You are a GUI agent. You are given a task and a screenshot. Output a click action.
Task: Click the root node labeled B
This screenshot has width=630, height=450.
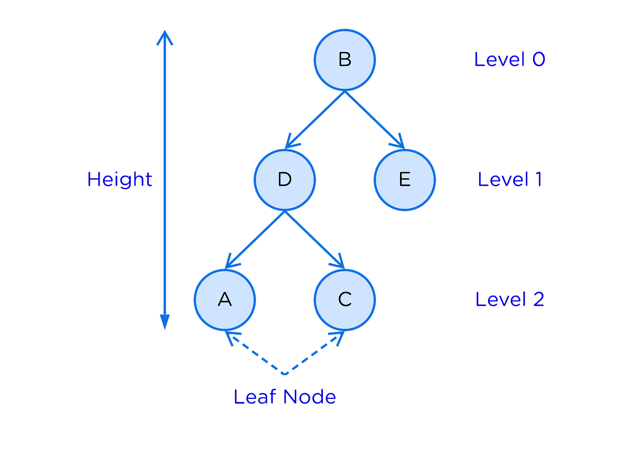coord(344,60)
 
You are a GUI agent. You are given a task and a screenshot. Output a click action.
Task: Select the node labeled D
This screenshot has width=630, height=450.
coord(285,180)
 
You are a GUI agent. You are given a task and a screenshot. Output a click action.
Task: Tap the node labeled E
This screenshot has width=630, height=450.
coord(405,180)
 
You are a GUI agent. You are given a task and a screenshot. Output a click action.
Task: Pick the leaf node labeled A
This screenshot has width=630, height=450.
coord(225,300)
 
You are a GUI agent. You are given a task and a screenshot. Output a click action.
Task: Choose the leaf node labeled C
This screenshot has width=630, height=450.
coord(344,300)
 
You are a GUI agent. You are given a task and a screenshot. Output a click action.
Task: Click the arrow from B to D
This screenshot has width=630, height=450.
coord(315,120)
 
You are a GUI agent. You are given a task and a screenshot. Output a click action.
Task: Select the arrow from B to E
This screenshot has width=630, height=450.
coord(375,120)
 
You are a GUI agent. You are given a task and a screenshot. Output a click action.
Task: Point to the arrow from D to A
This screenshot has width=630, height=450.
coord(255,240)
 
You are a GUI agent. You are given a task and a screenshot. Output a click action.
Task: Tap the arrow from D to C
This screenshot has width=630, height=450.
coord(315,240)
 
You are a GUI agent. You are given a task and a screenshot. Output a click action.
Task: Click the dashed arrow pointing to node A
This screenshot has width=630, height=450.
coord(255,353)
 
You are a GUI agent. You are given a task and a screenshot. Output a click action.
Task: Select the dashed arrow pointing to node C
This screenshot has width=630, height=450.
coord(315,353)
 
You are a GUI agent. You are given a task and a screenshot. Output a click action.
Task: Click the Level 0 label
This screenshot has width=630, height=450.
coord(510,59)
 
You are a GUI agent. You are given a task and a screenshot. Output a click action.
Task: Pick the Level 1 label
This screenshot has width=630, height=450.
coord(510,179)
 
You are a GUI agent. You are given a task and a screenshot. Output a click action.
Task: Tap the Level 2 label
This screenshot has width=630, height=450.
coord(510,299)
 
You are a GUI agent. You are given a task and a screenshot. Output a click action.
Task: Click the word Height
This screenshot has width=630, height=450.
coord(120,180)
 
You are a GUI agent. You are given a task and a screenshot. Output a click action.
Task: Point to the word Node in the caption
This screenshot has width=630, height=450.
coord(310,397)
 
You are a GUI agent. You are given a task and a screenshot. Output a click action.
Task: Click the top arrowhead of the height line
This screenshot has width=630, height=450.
coord(164,37)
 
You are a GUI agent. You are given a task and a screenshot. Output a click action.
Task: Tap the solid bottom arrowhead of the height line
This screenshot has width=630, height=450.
coord(164,322)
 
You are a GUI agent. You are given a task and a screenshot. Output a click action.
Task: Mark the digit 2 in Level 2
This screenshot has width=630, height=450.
coord(538,299)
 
